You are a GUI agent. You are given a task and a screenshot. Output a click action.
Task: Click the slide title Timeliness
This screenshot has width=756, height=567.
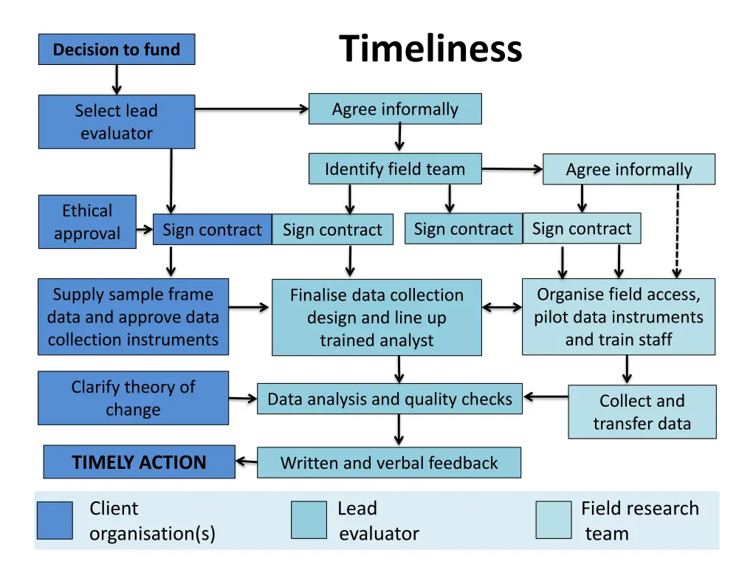tap(430, 50)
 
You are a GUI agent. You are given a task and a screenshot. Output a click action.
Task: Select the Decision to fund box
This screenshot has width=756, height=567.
tap(117, 49)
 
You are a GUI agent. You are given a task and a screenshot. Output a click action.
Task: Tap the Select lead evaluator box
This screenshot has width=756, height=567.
tap(117, 122)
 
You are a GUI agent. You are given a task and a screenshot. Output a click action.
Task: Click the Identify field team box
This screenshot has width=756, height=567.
tap(395, 169)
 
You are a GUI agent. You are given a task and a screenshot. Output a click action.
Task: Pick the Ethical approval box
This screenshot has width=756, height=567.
tap(87, 221)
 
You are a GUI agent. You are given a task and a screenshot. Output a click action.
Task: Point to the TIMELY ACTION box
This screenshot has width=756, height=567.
tap(139, 462)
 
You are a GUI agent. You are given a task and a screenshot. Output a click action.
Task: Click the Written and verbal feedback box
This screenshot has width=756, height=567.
tap(388, 463)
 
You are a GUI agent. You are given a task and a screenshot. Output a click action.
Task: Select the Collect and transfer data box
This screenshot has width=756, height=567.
tap(642, 412)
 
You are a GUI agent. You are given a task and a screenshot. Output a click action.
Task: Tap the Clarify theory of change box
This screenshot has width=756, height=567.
tap(133, 398)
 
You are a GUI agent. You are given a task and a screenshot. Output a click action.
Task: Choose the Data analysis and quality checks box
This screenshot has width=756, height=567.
tap(389, 399)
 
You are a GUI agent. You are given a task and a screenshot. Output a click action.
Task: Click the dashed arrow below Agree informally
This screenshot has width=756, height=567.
tap(677, 230)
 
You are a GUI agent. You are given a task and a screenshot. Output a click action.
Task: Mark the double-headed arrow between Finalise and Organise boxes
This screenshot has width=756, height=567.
tap(502, 307)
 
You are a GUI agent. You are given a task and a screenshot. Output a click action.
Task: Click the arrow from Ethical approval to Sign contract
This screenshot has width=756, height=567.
tap(145, 230)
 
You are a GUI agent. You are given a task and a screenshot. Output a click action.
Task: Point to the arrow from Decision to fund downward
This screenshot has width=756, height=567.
tap(117, 79)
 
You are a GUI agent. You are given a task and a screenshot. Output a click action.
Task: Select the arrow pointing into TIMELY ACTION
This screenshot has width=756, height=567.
tap(246, 463)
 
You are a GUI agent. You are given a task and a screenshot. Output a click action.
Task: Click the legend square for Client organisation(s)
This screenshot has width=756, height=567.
tap(55, 520)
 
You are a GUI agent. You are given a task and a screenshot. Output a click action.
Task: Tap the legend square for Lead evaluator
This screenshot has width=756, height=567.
tap(309, 520)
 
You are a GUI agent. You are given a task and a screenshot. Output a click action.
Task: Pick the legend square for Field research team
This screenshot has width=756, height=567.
tap(554, 520)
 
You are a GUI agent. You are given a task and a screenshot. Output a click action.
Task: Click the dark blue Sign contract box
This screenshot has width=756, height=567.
tap(212, 230)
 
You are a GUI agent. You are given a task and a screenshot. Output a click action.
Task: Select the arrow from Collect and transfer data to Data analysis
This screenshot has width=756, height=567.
tap(546, 397)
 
